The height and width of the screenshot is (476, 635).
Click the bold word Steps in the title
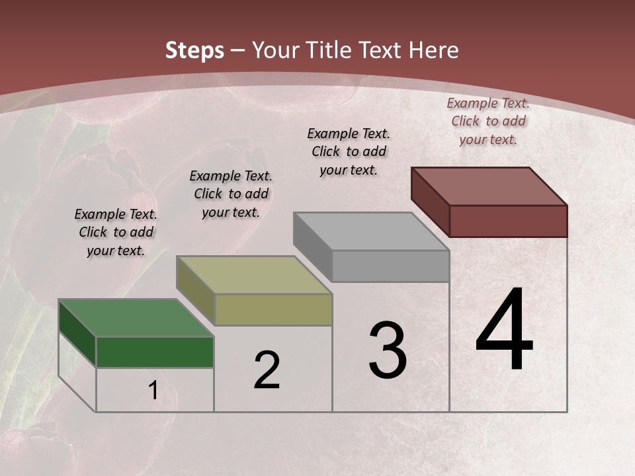click(194, 50)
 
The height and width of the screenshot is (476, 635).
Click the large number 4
click(504, 331)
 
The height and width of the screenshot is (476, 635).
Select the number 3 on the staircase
click(388, 350)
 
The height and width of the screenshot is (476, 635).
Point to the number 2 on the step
click(267, 370)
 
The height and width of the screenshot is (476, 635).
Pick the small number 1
click(153, 391)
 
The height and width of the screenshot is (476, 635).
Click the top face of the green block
click(136, 318)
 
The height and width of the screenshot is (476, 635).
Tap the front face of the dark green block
click(155, 352)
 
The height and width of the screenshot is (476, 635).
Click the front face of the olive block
click(273, 309)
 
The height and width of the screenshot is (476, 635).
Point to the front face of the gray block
click(390, 266)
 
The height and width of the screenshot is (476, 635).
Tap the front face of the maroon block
click(508, 221)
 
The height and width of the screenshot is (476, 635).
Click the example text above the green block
click(116, 232)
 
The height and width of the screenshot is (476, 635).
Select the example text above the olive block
click(231, 194)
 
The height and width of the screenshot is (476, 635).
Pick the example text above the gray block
click(349, 151)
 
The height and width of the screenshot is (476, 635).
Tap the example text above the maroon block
click(488, 121)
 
